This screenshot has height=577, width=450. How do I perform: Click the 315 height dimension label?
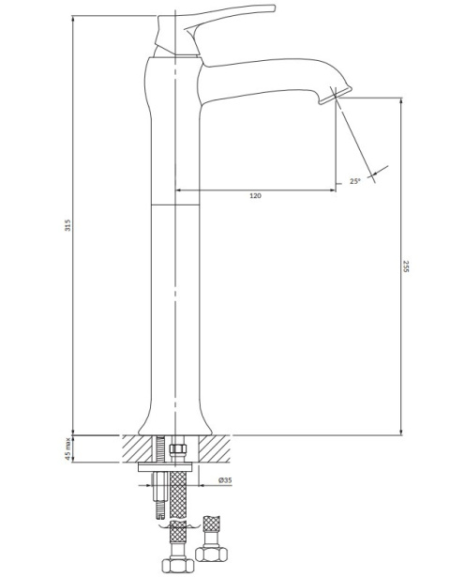pyautogui.click(x=67, y=225)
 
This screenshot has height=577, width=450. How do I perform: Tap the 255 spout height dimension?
pyautogui.click(x=406, y=266)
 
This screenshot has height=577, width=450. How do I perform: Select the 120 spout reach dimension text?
pyautogui.click(x=256, y=195)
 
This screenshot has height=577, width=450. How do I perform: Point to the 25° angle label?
pyautogui.click(x=355, y=181)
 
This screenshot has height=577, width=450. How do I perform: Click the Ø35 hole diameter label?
pyautogui.click(x=225, y=479)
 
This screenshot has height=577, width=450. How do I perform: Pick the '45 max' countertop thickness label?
pyautogui.click(x=67, y=449)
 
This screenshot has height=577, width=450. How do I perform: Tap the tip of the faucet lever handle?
pyautogui.click(x=274, y=8)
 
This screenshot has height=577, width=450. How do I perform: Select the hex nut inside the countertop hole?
pyautogui.click(x=178, y=449)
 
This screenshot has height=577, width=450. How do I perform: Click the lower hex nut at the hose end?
pyautogui.click(x=178, y=564)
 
